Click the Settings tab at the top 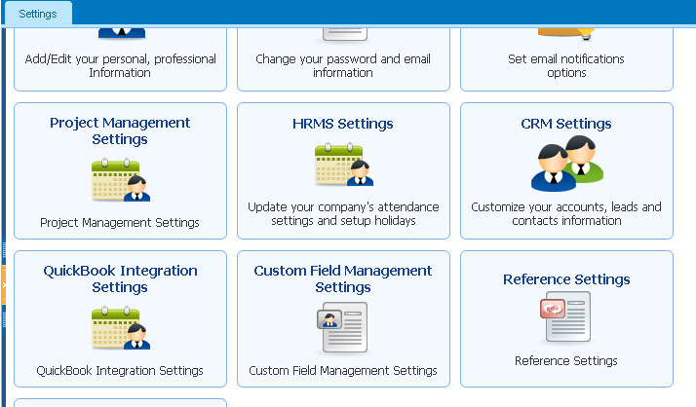(38, 14)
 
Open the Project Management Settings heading (120, 130)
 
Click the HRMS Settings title (343, 124)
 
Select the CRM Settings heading (566, 124)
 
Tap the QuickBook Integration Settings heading (120, 278)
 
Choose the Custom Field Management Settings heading (343, 278)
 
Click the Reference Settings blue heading (566, 279)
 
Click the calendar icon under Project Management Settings (121, 179)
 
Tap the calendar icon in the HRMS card (344, 165)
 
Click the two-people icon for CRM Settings (567, 164)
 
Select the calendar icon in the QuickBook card (121, 327)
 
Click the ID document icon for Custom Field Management (342, 327)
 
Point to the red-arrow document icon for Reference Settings (565, 316)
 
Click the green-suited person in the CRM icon (582, 159)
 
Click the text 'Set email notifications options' (566, 65)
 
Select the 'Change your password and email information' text (343, 65)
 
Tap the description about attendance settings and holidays (343, 213)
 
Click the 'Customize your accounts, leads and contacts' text (566, 213)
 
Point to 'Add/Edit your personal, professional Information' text (120, 65)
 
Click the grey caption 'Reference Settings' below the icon (566, 361)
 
